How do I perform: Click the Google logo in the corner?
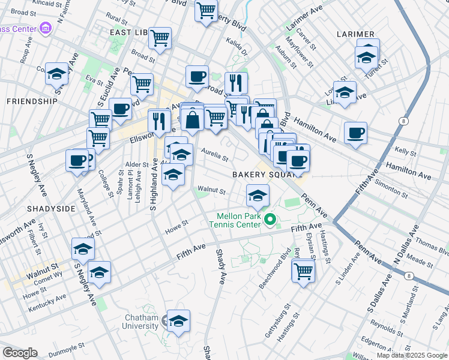click(19, 353)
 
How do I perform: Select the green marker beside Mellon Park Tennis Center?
click(270, 221)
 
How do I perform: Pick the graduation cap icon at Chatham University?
click(178, 322)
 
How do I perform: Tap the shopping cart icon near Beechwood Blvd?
click(303, 271)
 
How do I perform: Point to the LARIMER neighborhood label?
click(355, 34)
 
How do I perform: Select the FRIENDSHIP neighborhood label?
click(32, 101)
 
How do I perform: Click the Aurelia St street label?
click(214, 155)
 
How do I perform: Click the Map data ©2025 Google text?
click(412, 355)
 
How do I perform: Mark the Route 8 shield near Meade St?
click(409, 276)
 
